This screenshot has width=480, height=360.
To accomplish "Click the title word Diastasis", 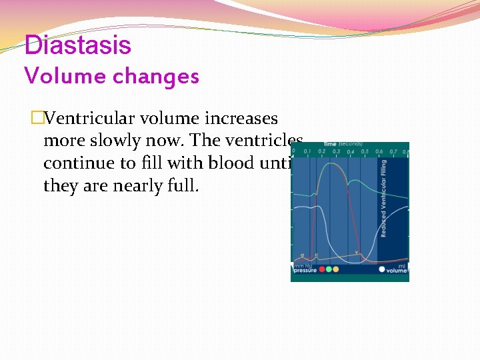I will coord(78,45).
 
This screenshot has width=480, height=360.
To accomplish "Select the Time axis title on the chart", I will coord(331,144).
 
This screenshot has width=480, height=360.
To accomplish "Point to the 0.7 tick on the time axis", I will coord(393,152).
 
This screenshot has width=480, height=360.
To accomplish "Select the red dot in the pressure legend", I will coord(321,270).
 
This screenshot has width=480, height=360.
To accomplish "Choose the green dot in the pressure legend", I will coord(329,270).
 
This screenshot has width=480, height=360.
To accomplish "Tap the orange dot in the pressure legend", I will coord(336,270).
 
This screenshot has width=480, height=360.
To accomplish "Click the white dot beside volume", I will coord(382,270).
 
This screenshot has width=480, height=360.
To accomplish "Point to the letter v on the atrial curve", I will coord(357,253).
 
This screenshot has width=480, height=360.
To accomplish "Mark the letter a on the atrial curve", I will coord(302,255).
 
